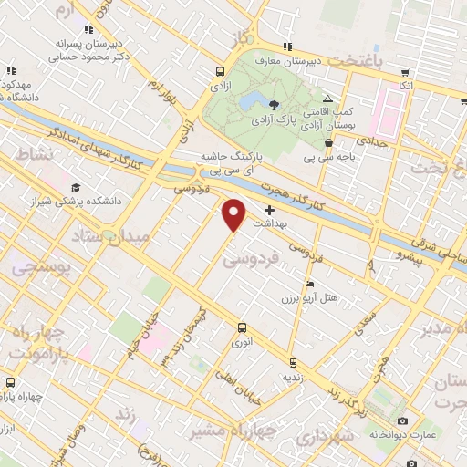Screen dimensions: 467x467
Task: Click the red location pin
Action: coord(234,213)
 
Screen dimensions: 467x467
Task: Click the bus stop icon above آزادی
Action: coord(220,70)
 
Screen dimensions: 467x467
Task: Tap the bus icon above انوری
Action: coord(242,327)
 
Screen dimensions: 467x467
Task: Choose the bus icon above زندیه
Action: coord(292,361)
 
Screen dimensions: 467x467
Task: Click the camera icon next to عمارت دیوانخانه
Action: coord(402,420)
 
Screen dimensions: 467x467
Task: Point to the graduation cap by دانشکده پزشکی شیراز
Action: coord(74,187)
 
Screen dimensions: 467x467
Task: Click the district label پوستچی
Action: coord(38,270)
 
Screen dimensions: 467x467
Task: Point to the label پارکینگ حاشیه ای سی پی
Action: coord(234,162)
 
